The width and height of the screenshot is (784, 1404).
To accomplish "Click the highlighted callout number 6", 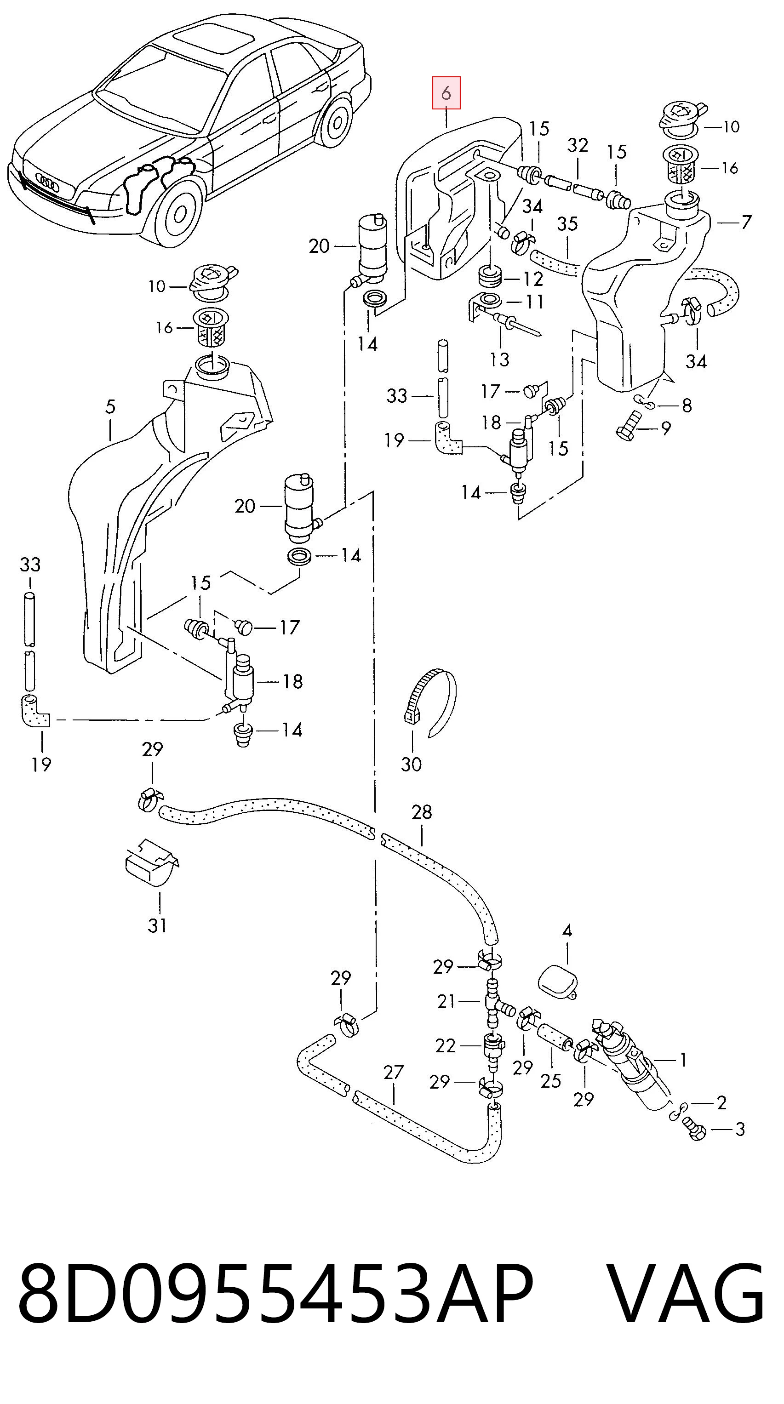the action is coord(446,93).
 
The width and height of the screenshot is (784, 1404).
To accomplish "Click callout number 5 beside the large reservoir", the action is coord(111,406).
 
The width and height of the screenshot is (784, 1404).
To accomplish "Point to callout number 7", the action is coord(746,222).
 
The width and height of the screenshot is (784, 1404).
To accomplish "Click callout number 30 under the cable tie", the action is coord(411,764).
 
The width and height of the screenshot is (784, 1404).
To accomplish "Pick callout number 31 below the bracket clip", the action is coord(157,925).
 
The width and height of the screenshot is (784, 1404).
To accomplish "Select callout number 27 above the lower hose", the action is coord(393,1072).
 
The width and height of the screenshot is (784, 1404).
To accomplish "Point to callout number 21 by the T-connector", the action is coord(446,1001).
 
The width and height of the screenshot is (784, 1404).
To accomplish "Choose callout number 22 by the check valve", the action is coord(445,1045).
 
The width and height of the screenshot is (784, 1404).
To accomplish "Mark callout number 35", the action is coord(567,223).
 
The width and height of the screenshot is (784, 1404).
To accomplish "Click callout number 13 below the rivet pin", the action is coord(499,359).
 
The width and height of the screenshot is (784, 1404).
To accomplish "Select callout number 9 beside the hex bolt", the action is coord(666,428).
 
